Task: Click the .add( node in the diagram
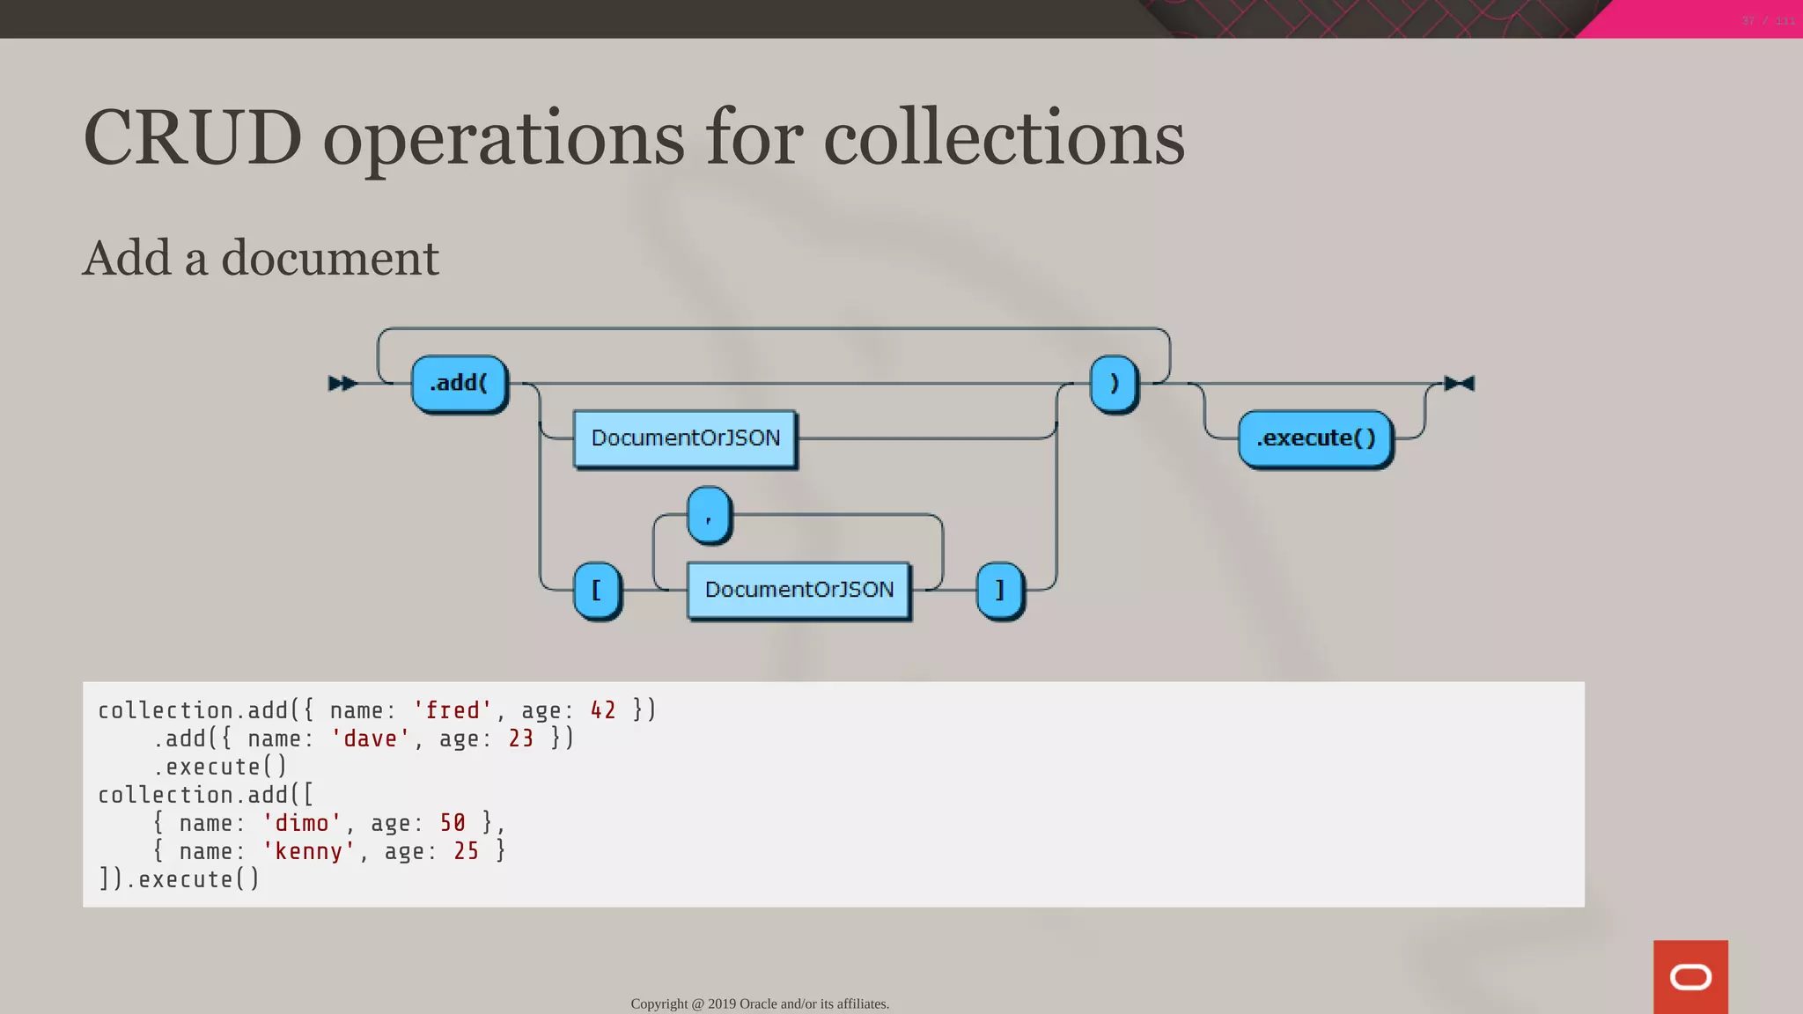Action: click(x=459, y=384)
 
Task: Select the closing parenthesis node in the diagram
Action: click(x=1114, y=384)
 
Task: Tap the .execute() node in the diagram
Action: click(x=1315, y=438)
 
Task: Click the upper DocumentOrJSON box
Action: click(x=685, y=438)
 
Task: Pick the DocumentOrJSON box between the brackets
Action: click(x=798, y=590)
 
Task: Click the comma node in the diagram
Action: click(x=709, y=515)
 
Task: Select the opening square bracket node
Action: click(x=597, y=590)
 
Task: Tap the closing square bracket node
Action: click(x=1000, y=590)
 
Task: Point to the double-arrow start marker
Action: click(x=342, y=384)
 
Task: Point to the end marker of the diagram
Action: click(x=1459, y=384)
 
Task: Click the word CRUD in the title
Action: click(x=193, y=138)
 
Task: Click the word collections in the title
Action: click(x=1004, y=138)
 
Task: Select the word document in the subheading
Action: click(x=329, y=259)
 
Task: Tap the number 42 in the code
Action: click(x=603, y=710)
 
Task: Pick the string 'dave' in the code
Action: click(x=370, y=738)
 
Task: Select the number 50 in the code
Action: click(x=453, y=823)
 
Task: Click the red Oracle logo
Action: click(x=1690, y=977)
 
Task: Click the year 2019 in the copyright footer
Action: click(x=722, y=1004)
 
